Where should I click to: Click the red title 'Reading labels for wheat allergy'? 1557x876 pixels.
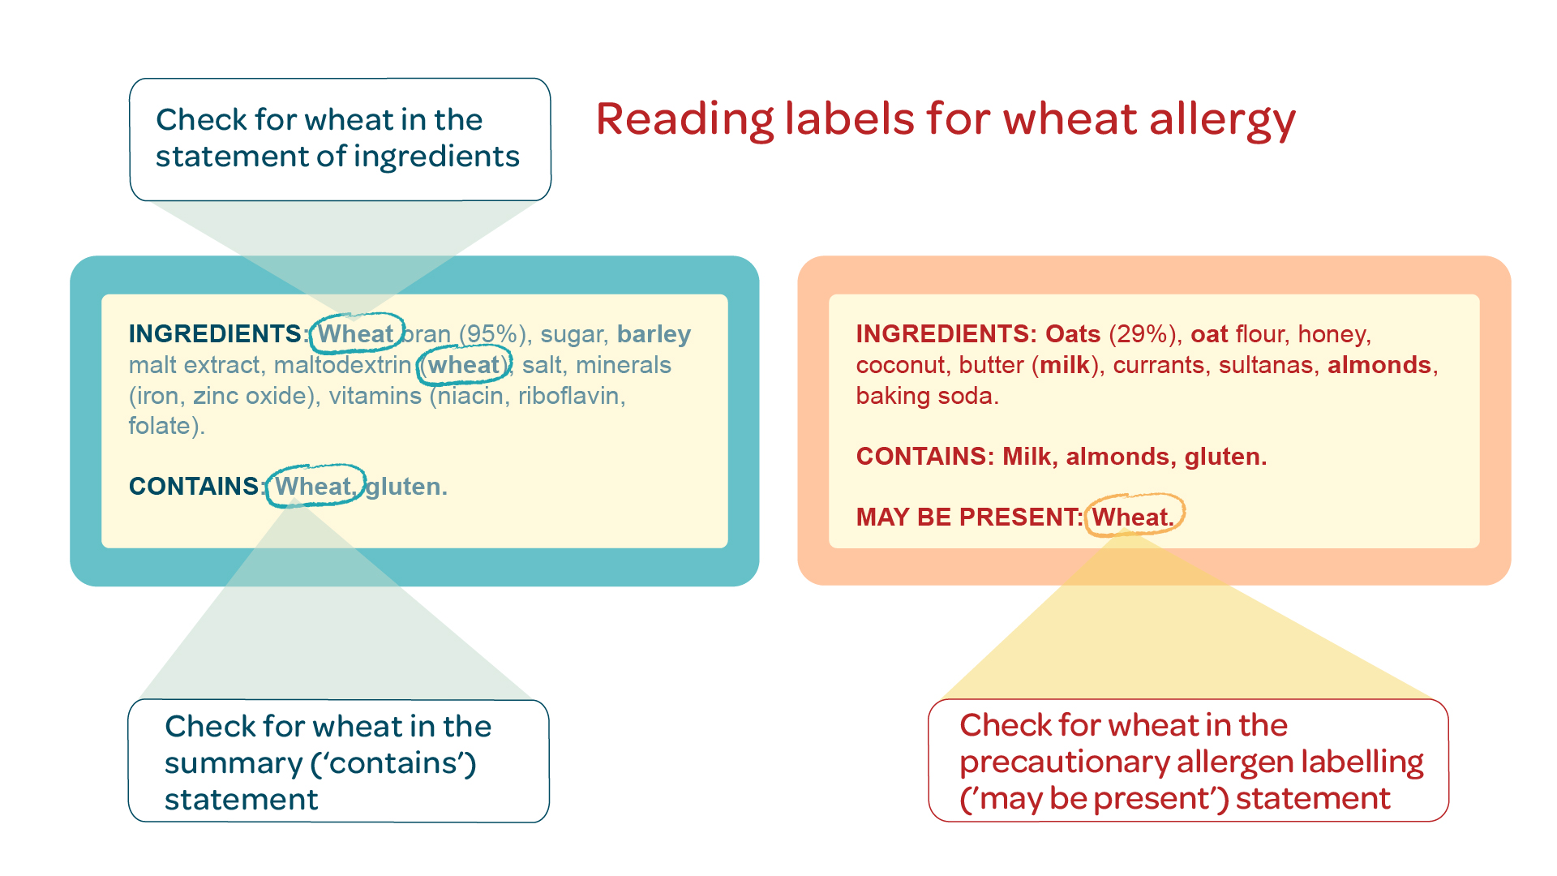[946, 120]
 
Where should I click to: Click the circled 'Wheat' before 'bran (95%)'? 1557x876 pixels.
[355, 333]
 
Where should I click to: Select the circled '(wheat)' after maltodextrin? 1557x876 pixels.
[464, 365]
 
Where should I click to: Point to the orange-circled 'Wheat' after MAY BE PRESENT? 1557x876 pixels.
[1132, 517]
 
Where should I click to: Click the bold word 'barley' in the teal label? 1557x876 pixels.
[654, 334]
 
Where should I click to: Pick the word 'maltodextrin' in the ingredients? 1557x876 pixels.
[343, 365]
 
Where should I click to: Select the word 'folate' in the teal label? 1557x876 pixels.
[160, 426]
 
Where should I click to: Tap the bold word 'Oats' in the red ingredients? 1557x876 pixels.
[1073, 334]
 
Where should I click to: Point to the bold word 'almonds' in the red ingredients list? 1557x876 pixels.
[1379, 365]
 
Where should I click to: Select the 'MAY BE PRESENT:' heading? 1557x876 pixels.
[970, 517]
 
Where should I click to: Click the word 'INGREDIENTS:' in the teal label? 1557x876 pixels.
[218, 333]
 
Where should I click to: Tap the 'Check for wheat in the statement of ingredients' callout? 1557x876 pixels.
[341, 140]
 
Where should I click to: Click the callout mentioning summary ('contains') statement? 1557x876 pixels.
[339, 761]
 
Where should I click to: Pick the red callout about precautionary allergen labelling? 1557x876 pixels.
[1189, 760]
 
